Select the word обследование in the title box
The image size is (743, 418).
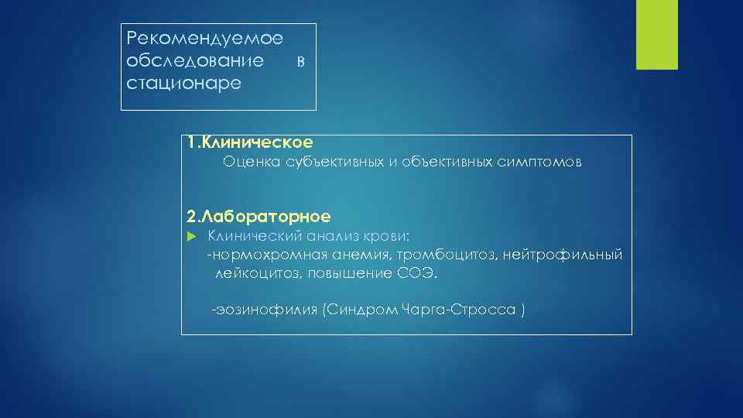tap(194, 60)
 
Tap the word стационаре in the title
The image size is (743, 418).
tap(183, 82)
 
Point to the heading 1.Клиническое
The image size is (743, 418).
tap(250, 142)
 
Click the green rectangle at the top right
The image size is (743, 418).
tap(656, 35)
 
